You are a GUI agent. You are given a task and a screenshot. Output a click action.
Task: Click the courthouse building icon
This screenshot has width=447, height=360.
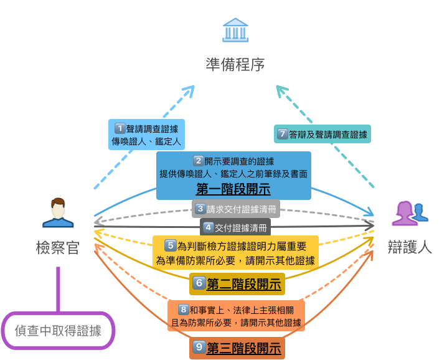(235, 30)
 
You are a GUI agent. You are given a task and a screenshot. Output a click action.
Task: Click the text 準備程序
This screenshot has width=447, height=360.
(235, 64)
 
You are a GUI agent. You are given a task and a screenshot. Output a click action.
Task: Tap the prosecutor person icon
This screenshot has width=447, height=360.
(58, 212)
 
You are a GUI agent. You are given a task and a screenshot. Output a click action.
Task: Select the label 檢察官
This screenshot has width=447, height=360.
(58, 248)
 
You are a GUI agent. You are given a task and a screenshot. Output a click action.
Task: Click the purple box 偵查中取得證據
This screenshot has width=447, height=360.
(58, 330)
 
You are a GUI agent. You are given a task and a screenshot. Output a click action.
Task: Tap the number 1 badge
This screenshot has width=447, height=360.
(120, 128)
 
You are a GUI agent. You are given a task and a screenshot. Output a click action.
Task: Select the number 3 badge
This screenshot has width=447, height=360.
(200, 209)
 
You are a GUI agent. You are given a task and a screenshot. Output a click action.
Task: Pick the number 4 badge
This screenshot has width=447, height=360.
(209, 227)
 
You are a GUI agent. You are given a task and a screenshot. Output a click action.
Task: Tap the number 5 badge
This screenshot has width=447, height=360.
(171, 245)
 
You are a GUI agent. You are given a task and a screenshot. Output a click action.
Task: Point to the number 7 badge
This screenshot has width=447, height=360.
(283, 133)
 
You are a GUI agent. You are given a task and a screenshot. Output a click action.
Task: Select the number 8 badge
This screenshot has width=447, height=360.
(183, 308)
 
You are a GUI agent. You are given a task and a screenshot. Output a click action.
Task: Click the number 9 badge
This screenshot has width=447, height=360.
(199, 348)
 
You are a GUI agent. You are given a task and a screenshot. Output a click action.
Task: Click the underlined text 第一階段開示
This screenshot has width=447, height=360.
(233, 188)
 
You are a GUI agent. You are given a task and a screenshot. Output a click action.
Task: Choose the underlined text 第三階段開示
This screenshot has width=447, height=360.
(243, 348)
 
